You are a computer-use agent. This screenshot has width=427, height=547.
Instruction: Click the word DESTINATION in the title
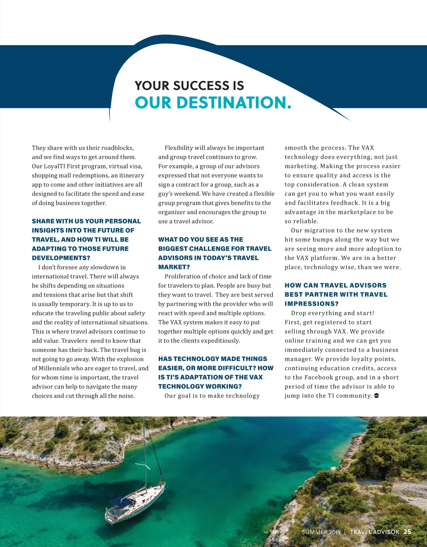pos(234,103)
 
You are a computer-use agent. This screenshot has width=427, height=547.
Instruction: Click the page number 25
pos(407,532)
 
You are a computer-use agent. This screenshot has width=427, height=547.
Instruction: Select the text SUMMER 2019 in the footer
pos(321,532)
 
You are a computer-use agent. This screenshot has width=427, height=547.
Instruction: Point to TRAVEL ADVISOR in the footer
pos(374,532)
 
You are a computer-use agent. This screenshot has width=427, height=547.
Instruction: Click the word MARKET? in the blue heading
pos(174,267)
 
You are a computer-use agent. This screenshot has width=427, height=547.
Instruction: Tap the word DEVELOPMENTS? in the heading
pos(61,258)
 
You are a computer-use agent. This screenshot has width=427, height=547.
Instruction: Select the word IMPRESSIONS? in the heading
pos(311,304)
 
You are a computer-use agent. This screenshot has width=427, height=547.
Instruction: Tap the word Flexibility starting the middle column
pos(179,148)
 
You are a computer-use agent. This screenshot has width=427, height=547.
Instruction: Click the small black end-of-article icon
pos(376,396)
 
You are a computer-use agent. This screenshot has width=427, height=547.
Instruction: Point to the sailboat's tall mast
pos(144,458)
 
